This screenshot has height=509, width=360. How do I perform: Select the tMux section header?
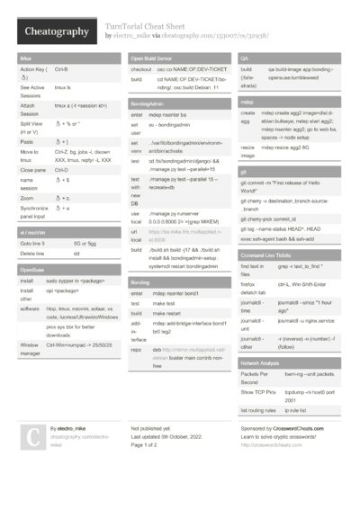pyautogui.click(x=25, y=58)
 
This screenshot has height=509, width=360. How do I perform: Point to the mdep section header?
pyautogui.click(x=247, y=102)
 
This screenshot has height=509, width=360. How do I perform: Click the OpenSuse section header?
pyautogui.click(x=32, y=270)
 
